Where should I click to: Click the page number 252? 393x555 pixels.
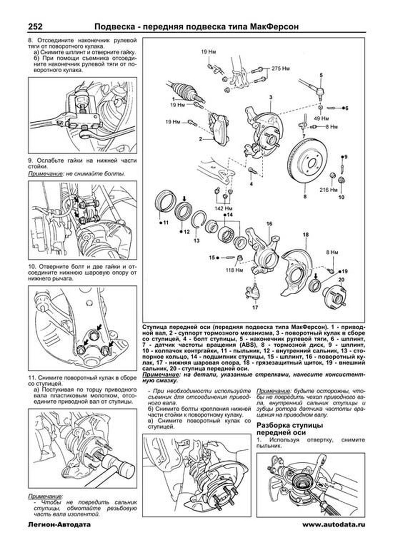tap(35, 26)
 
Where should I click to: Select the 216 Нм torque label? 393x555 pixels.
tap(329, 190)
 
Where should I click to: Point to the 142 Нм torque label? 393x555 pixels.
tap(223, 208)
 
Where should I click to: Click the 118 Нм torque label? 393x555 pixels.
tap(234, 270)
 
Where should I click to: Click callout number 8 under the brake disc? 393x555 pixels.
tap(305, 197)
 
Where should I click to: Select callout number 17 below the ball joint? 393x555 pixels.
tap(255, 307)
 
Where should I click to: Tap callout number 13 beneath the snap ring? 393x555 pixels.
tap(196, 241)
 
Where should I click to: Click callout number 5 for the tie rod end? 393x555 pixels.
tap(321, 75)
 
